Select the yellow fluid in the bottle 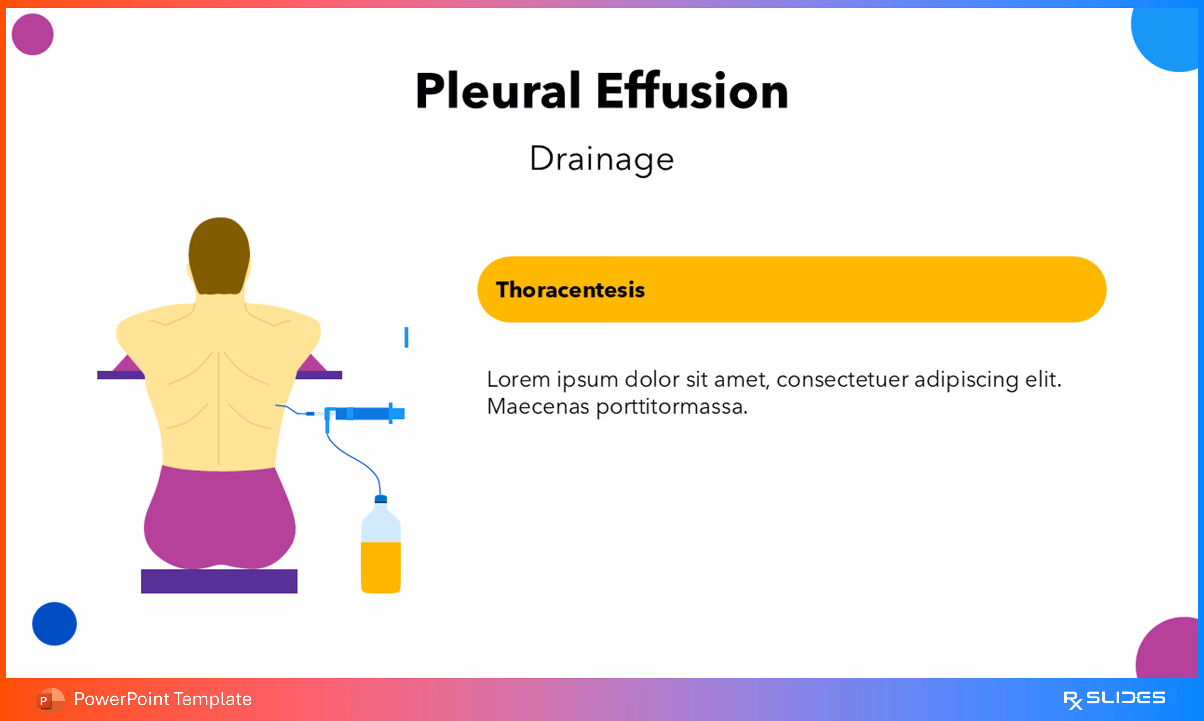pyautogui.click(x=380, y=566)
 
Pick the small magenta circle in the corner pyautogui.click(x=33, y=34)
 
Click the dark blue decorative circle pyautogui.click(x=54, y=624)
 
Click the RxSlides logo pyautogui.click(x=1114, y=699)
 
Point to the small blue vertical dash pyautogui.click(x=406, y=337)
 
